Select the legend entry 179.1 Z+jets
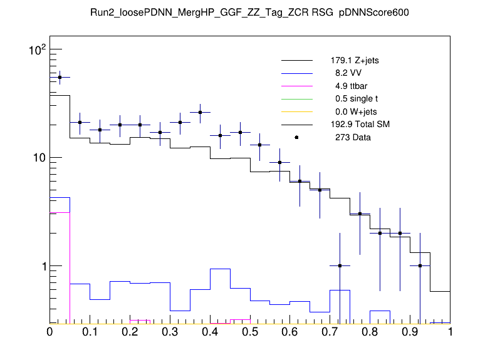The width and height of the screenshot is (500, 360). (x=354, y=61)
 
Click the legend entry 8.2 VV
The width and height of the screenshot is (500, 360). (x=348, y=73)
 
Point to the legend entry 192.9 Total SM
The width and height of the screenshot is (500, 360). (x=360, y=125)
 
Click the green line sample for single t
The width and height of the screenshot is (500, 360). (x=296, y=99)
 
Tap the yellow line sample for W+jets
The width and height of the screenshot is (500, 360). (x=296, y=111)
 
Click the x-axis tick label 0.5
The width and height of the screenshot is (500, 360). (x=250, y=332)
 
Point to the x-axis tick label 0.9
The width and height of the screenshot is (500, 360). (x=410, y=332)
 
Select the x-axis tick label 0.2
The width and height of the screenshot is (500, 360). (x=130, y=332)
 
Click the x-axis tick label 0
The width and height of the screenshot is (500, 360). (x=50, y=332)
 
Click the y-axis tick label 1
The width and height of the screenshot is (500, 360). (x=41, y=266)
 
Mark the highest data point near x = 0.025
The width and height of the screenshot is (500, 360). (x=60, y=77)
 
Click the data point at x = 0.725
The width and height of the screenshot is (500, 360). (x=340, y=265)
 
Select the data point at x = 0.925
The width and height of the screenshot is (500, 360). (x=420, y=265)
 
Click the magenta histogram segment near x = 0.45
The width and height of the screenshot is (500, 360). (x=231, y=322)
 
